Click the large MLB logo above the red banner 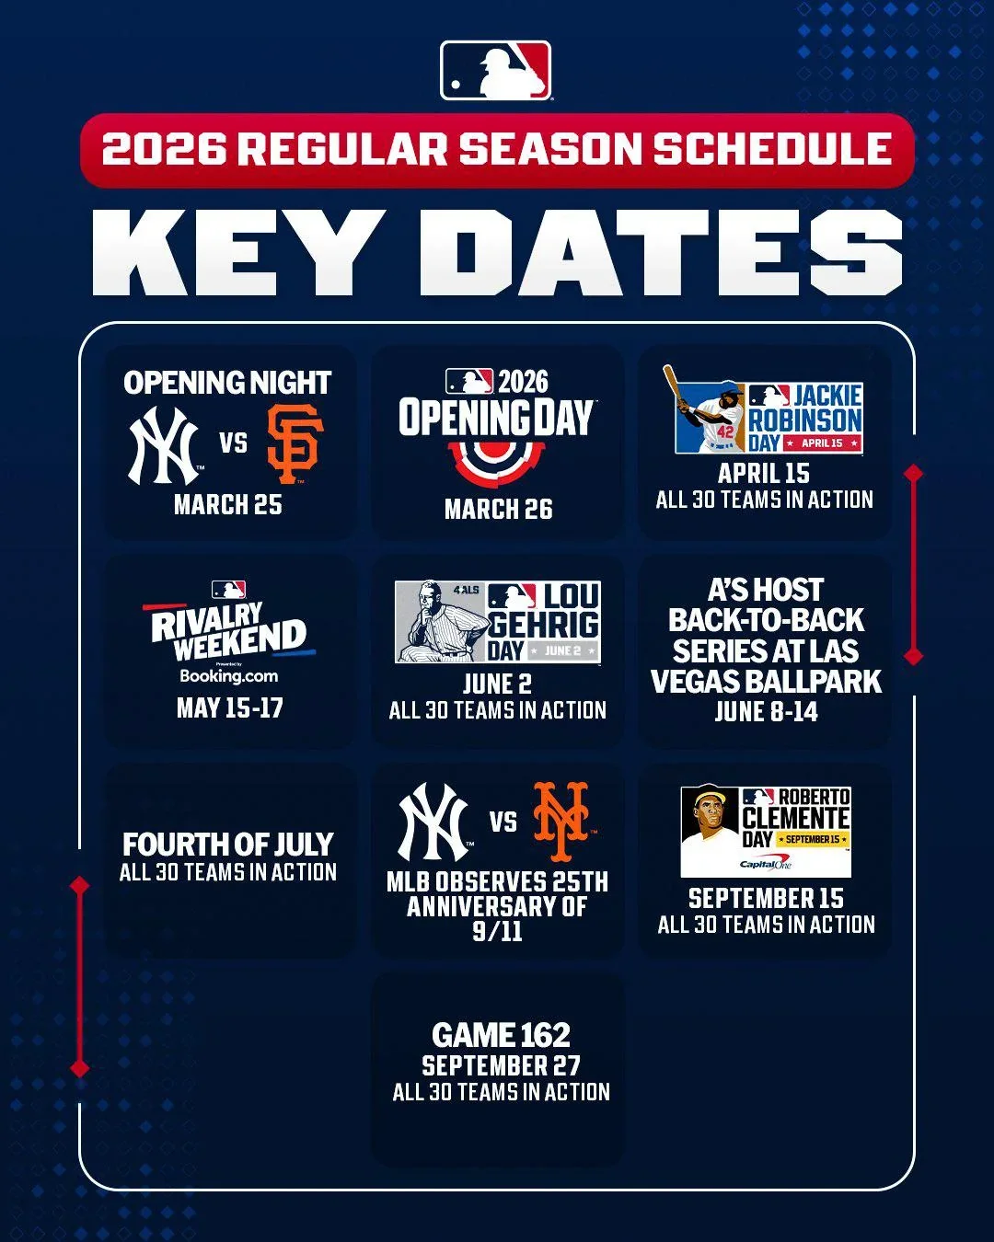point(496,71)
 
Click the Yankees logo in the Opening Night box point(165,446)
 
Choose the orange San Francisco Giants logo point(295,444)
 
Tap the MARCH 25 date point(227,504)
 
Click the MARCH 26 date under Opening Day point(498,509)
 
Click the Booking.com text point(228,676)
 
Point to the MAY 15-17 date point(229,707)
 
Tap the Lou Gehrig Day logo point(498,622)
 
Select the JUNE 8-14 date point(766,711)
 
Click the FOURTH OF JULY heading point(228,844)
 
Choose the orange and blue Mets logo point(562,820)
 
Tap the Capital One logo point(766,865)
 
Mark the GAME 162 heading point(501,1035)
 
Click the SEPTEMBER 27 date point(501,1065)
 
